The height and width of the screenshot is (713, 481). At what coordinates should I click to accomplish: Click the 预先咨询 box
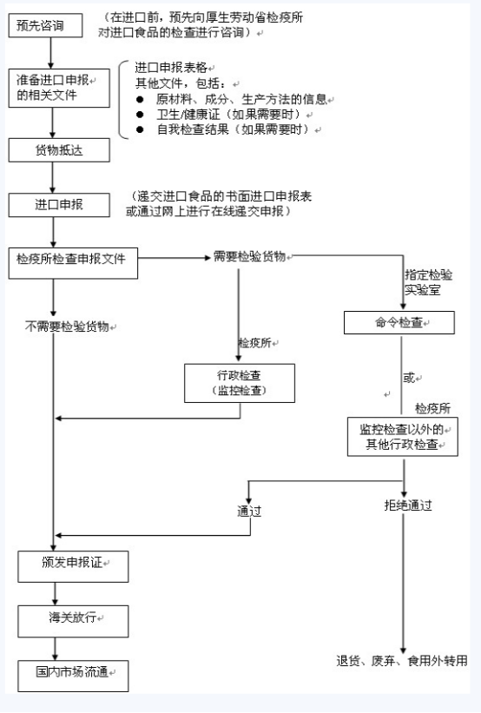(x=45, y=25)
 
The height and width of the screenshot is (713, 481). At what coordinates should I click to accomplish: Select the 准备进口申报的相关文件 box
(x=59, y=89)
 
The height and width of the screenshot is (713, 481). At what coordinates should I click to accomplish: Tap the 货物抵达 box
(x=59, y=150)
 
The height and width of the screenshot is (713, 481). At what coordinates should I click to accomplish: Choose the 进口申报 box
(x=59, y=205)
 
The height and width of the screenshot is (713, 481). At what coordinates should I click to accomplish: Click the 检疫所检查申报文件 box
(x=73, y=263)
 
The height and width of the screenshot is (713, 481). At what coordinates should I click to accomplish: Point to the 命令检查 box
(x=399, y=323)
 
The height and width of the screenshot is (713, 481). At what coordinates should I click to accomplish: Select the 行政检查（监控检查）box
(x=240, y=383)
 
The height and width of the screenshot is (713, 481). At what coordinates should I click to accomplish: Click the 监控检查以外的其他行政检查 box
(x=403, y=437)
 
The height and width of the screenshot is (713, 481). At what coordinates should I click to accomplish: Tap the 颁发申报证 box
(x=73, y=566)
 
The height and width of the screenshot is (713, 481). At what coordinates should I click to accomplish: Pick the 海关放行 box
(x=73, y=621)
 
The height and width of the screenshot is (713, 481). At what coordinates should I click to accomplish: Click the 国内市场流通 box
(x=73, y=677)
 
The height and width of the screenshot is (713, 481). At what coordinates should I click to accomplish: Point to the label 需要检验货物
(x=249, y=256)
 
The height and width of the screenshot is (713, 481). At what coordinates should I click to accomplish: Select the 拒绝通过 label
(x=408, y=505)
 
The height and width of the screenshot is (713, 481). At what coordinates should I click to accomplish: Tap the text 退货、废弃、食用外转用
(x=402, y=661)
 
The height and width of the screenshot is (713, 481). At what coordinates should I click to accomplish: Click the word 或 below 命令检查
(x=409, y=378)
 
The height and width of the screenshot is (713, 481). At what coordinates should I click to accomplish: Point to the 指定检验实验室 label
(x=428, y=282)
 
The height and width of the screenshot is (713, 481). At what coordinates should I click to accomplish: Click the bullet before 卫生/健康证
(x=140, y=115)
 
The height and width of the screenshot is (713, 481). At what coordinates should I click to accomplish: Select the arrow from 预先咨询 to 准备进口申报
(x=51, y=53)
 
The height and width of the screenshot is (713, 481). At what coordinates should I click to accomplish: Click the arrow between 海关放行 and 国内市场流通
(x=55, y=649)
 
